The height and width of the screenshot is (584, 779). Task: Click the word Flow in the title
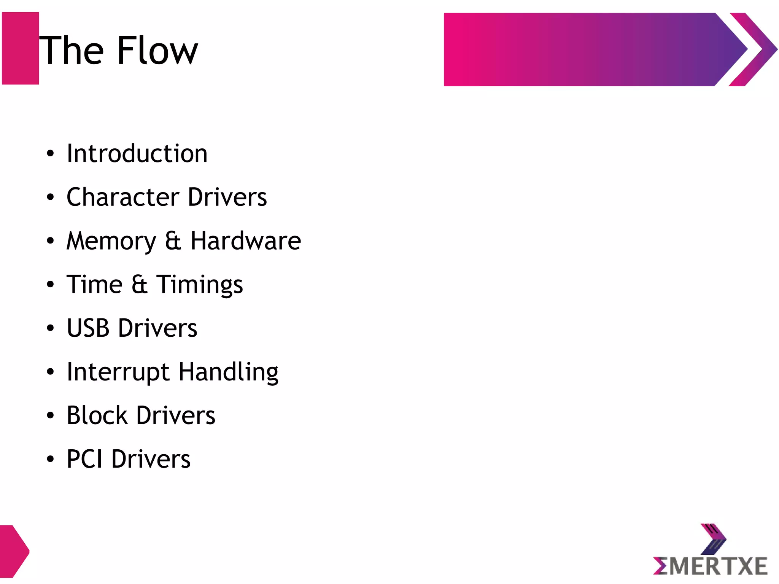pyautogui.click(x=157, y=51)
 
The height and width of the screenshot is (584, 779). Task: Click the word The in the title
pyautogui.click(x=72, y=51)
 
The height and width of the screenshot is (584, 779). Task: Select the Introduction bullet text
pyautogui.click(x=137, y=153)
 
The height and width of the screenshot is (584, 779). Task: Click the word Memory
pyautogui.click(x=111, y=241)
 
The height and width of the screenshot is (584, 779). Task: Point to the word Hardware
pyautogui.click(x=246, y=241)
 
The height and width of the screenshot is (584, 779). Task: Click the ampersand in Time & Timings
pyautogui.click(x=139, y=285)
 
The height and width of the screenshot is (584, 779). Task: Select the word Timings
pyautogui.click(x=200, y=285)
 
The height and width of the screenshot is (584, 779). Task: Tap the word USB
pyautogui.click(x=88, y=328)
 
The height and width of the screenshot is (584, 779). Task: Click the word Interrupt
pyautogui.click(x=118, y=372)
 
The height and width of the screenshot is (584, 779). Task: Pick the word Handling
pyautogui.click(x=228, y=372)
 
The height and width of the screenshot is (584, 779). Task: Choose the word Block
pyautogui.click(x=97, y=415)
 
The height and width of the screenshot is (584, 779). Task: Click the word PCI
pyautogui.click(x=84, y=459)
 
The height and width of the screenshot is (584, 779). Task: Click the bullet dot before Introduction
pyautogui.click(x=50, y=154)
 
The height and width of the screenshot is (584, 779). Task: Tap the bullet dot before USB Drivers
pyautogui.click(x=50, y=328)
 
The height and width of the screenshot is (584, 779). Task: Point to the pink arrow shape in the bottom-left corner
pyautogui.click(x=13, y=551)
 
